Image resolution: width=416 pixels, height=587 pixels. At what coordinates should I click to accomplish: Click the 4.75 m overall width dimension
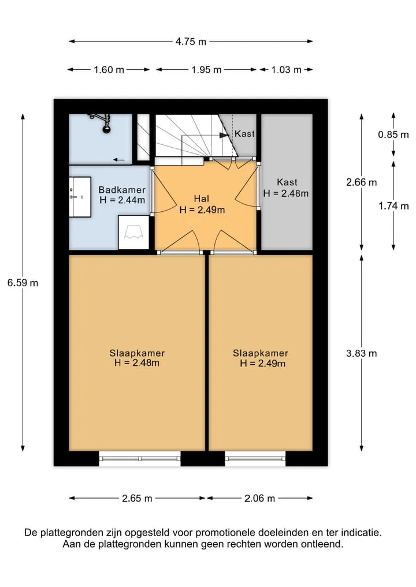(191, 42)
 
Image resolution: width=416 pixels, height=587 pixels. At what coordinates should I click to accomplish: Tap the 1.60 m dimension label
(109, 70)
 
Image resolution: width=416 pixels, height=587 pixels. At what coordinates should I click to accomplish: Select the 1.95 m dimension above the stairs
(206, 70)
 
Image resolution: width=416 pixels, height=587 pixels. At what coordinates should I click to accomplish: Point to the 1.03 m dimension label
(287, 70)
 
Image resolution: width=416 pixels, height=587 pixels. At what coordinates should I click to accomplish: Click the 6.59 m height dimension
(23, 283)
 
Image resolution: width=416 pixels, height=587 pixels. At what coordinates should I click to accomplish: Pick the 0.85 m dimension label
(393, 134)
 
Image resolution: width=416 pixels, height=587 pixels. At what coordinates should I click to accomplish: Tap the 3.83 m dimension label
(361, 353)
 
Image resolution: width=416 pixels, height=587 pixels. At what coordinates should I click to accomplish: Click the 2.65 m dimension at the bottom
(137, 498)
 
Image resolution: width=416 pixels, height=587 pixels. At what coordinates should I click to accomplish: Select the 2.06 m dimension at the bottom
(260, 498)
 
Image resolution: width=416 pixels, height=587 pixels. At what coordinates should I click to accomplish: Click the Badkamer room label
(122, 190)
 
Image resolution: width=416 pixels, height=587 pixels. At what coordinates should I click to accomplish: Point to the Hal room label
(201, 199)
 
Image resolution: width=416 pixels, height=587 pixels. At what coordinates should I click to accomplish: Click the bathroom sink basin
(80, 197)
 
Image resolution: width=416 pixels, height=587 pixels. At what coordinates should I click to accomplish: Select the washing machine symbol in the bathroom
(134, 232)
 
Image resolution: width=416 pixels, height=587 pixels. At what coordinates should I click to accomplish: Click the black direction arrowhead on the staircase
(224, 135)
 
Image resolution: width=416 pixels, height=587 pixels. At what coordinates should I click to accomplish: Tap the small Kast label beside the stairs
(244, 134)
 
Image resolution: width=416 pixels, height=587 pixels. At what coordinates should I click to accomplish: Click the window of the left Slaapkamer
(140, 459)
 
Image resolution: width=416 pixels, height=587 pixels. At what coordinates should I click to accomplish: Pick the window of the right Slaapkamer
(255, 459)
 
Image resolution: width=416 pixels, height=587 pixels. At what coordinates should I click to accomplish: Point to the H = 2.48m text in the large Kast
(286, 193)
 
